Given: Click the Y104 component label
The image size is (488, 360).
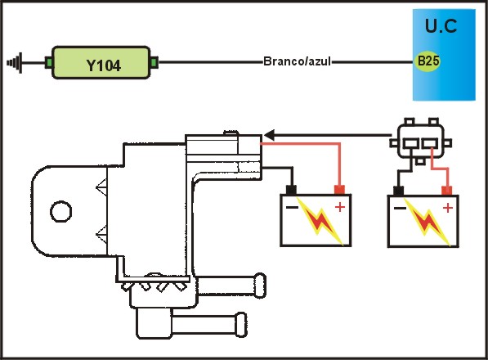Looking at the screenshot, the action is pyautogui.click(x=103, y=65).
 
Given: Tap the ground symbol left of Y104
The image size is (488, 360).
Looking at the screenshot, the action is pyautogui.click(x=15, y=63).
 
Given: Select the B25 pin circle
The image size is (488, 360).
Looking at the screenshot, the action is pyautogui.click(x=428, y=61).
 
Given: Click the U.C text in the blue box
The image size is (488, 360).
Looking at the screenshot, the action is pyautogui.click(x=441, y=26).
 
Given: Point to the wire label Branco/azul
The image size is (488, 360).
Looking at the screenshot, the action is pyautogui.click(x=297, y=61).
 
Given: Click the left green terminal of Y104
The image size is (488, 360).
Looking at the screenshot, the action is pyautogui.click(x=48, y=63).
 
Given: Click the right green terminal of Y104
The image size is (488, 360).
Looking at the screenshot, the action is pyautogui.click(x=154, y=63).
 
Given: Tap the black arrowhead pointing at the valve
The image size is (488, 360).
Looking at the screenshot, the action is pyautogui.click(x=270, y=135).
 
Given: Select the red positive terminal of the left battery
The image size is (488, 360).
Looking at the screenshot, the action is pyautogui.click(x=339, y=189).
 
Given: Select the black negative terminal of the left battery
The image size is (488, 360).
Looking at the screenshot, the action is pyautogui.click(x=291, y=190).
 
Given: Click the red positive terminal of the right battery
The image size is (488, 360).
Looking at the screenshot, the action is pyautogui.click(x=447, y=191).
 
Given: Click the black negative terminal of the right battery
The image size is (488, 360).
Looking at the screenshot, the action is pyautogui.click(x=399, y=191).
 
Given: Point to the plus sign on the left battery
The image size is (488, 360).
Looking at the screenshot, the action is pyautogui.click(x=340, y=207).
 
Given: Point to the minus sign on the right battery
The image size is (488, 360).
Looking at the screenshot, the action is pyautogui.click(x=400, y=208).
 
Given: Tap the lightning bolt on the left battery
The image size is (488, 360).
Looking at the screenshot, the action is pyautogui.click(x=320, y=221).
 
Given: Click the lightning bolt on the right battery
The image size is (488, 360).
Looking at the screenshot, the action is pyautogui.click(x=427, y=222).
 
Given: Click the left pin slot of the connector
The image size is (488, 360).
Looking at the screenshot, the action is pyautogui.click(x=410, y=143).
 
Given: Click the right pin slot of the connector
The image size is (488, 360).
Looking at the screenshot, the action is pyautogui.click(x=430, y=143).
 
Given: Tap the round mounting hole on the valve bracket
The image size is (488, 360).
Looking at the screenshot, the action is pyautogui.click(x=61, y=211).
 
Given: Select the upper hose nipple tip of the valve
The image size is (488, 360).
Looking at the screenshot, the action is pyautogui.click(x=260, y=286).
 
